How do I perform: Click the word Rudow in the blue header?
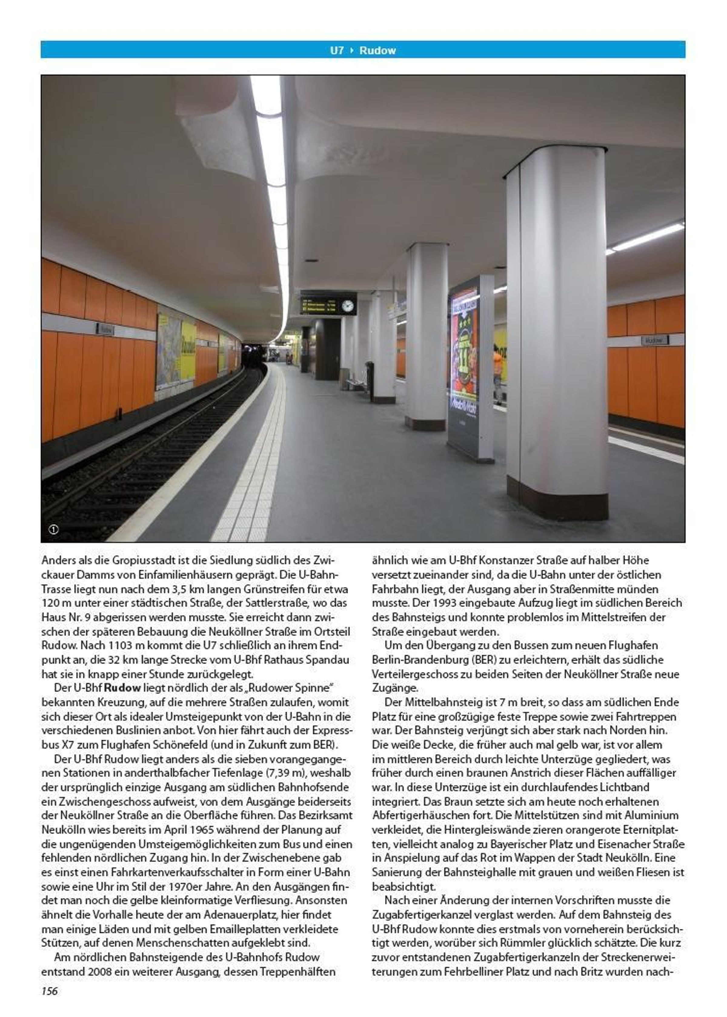(x=377, y=50)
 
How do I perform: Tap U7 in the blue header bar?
(x=337, y=50)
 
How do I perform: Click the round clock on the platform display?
(x=347, y=306)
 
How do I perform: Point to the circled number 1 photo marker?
(x=53, y=529)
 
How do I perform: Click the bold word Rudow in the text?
(x=122, y=687)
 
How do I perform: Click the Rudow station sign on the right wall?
(x=654, y=340)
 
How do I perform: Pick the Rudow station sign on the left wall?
(x=106, y=330)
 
